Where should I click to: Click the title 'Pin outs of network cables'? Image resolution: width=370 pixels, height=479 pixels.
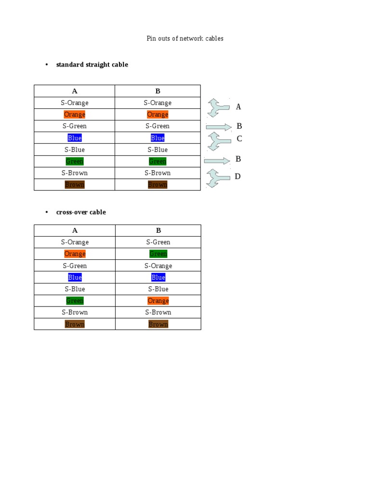pos(185,39)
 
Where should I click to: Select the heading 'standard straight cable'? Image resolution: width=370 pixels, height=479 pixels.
pos(92,65)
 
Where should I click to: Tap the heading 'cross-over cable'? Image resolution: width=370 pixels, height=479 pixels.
pos(81,212)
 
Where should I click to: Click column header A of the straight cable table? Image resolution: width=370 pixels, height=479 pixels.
pos(75,91)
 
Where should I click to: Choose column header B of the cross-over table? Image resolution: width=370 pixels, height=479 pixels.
pos(158,230)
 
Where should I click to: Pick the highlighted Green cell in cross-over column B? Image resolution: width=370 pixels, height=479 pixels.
pos(158,254)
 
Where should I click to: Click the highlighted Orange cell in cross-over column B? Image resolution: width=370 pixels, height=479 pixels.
pos(158,301)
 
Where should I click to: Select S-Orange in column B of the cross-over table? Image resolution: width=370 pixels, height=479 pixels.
pos(158,266)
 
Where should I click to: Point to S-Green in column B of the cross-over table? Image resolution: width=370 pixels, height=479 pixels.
pos(158,242)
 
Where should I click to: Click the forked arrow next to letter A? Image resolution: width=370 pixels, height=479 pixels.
pos(218,108)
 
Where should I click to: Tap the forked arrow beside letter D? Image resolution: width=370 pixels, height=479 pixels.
pos(218,178)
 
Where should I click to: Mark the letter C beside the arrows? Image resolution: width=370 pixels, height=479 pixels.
pos(239,139)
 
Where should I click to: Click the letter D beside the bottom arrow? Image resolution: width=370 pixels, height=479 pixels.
pos(238,177)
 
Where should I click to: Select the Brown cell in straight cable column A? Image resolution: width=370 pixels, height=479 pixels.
pos(75,185)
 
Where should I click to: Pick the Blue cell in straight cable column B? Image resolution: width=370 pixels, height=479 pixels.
pos(158,138)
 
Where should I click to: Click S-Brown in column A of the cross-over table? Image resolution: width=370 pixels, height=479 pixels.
pos(75,312)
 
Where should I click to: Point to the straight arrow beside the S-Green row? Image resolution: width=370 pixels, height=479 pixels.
pos(219,127)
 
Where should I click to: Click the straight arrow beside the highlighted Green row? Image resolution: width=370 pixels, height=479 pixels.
pos(217,161)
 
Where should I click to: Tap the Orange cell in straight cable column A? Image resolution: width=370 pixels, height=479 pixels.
pos(75,115)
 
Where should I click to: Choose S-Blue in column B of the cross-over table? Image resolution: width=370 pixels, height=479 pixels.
pos(158,289)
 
